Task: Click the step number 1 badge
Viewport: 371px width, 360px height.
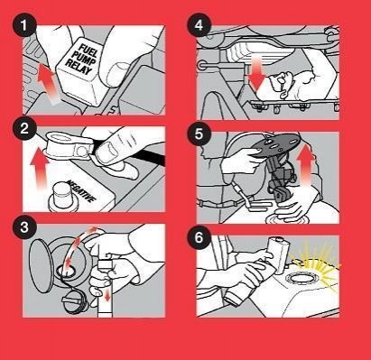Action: tap(24, 26)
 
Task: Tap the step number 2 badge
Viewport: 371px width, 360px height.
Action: tap(24, 128)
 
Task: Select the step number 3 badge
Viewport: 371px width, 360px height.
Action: tap(24, 227)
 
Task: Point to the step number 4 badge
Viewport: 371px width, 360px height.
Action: tap(199, 26)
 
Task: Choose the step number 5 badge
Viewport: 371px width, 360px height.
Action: tap(199, 134)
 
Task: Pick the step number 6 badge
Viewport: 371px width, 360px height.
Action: tap(199, 237)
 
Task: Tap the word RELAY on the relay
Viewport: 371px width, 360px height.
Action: tap(79, 67)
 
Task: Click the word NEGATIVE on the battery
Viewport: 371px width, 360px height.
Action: tap(81, 191)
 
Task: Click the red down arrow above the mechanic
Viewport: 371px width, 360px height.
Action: tap(257, 74)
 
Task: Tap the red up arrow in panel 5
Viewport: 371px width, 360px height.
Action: tap(306, 165)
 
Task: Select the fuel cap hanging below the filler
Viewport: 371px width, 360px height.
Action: tap(74, 299)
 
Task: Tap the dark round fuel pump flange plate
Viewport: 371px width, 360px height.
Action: tap(275, 145)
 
